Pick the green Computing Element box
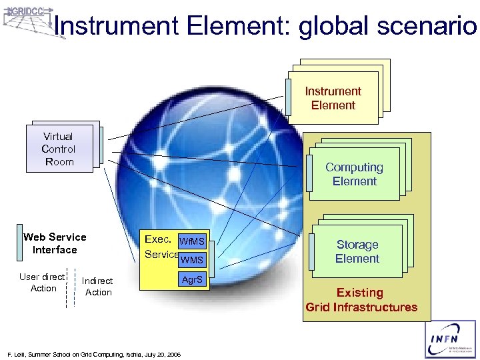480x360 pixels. (354, 174)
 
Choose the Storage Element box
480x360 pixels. (357, 251)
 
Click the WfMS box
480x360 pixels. (193, 241)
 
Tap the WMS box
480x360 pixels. (193, 259)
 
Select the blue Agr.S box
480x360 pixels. (193, 281)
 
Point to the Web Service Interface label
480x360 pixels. (55, 243)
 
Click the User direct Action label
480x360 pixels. (42, 282)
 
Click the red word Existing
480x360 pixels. (360, 293)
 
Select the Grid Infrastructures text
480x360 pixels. (361, 307)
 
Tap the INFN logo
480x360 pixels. (450, 340)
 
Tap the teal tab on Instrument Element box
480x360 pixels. (287, 97)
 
